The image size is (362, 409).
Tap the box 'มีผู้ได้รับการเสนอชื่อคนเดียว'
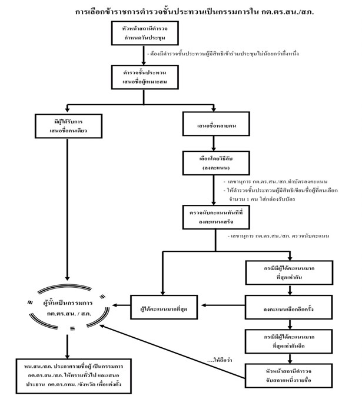69,126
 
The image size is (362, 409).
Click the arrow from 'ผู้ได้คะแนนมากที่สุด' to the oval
124,305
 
